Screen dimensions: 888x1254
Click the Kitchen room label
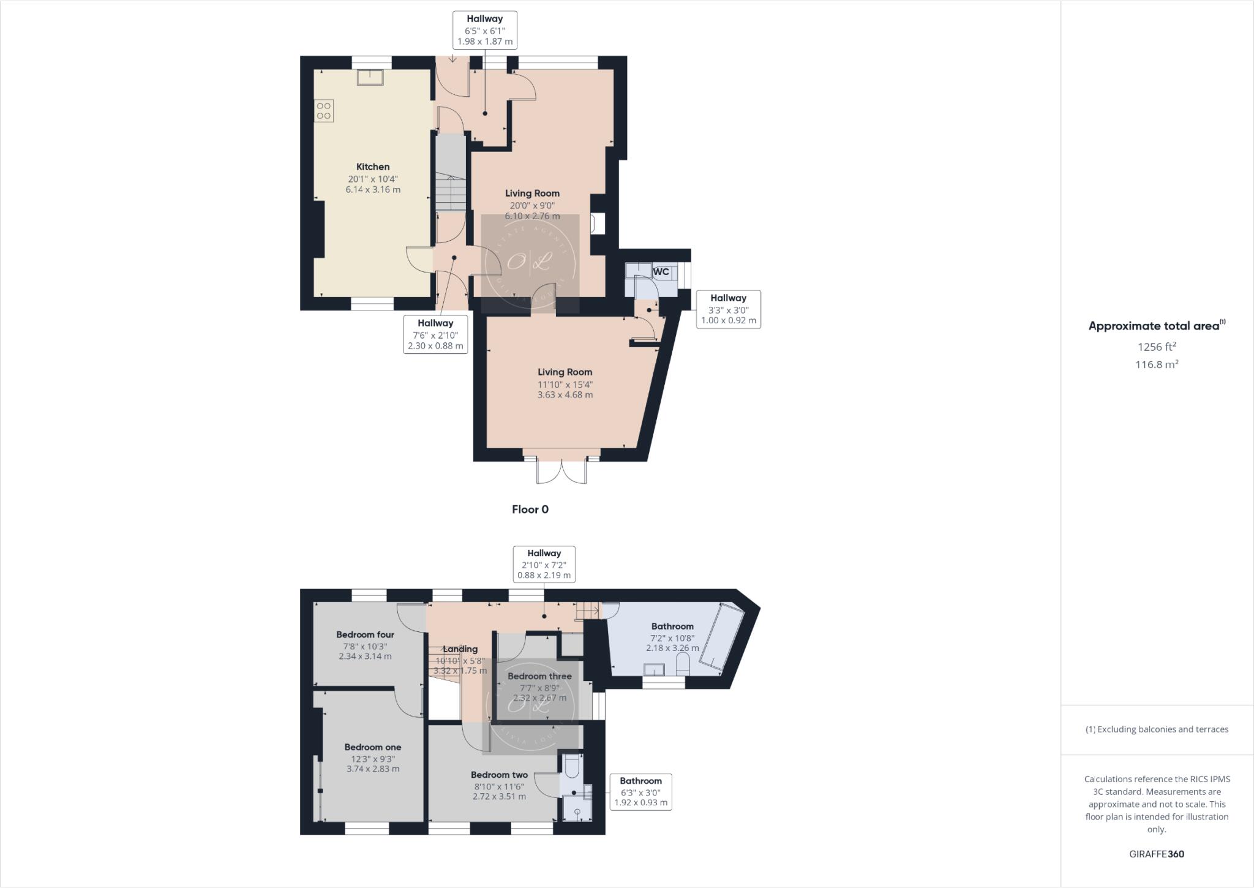[373, 167]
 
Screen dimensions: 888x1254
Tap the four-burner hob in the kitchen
[324, 111]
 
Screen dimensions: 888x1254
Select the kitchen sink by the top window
[370, 77]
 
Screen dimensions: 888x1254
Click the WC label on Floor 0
[661, 271]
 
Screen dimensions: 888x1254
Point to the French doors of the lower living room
[561, 470]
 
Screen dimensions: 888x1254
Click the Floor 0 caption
[530, 510]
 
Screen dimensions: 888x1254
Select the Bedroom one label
[372, 747]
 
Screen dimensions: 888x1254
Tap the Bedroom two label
[499, 775]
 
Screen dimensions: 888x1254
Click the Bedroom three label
[539, 676]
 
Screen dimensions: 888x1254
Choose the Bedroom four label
[365, 634]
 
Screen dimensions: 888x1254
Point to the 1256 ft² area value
[1157, 347]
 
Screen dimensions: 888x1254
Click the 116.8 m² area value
[1157, 364]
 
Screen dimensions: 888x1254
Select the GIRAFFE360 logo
[1157, 854]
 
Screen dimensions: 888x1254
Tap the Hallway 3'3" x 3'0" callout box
[728, 309]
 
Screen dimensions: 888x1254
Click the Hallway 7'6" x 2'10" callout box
[435, 334]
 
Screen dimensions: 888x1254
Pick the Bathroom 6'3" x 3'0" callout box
[640, 791]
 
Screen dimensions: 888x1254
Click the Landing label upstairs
[460, 649]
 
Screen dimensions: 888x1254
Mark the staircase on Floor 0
[451, 184]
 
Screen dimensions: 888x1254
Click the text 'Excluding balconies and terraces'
[1162, 729]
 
